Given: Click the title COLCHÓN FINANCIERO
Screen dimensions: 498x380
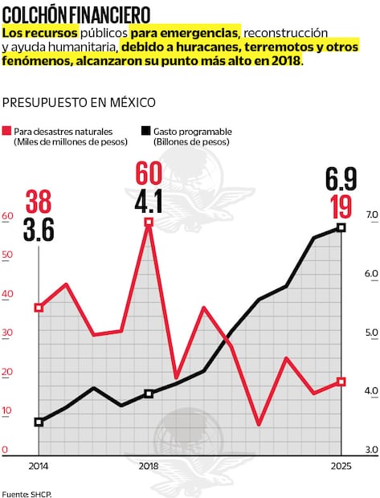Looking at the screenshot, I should [76, 14].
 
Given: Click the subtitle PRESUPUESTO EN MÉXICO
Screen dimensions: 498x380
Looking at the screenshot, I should [79, 103].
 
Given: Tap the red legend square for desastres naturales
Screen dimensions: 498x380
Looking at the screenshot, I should [7, 130].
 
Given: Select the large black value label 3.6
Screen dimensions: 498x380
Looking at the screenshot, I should [39, 231].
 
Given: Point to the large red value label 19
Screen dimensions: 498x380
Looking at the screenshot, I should [341, 206].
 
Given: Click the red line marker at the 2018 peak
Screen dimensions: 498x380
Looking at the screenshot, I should [149, 222].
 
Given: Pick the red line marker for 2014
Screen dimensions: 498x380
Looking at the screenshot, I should [39, 308].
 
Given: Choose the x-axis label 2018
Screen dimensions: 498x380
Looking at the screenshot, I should [149, 467].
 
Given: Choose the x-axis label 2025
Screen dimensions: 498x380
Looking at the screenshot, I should [341, 467].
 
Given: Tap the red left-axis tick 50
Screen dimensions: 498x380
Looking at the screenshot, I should [7, 255].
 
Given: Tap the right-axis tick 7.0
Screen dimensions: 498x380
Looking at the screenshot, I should [371, 215].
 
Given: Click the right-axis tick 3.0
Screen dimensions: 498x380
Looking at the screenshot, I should [371, 450].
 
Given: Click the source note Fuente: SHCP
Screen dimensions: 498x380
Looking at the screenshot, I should [27, 492].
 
